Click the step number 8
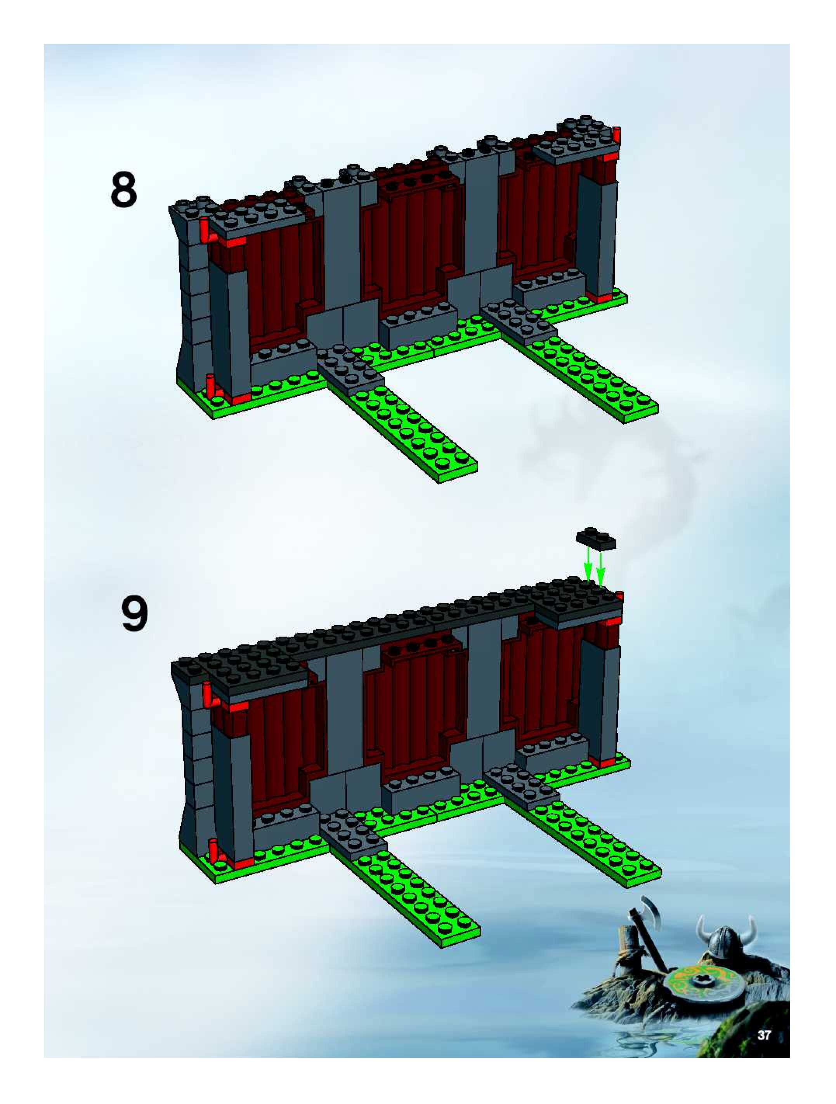123,190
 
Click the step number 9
134,615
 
